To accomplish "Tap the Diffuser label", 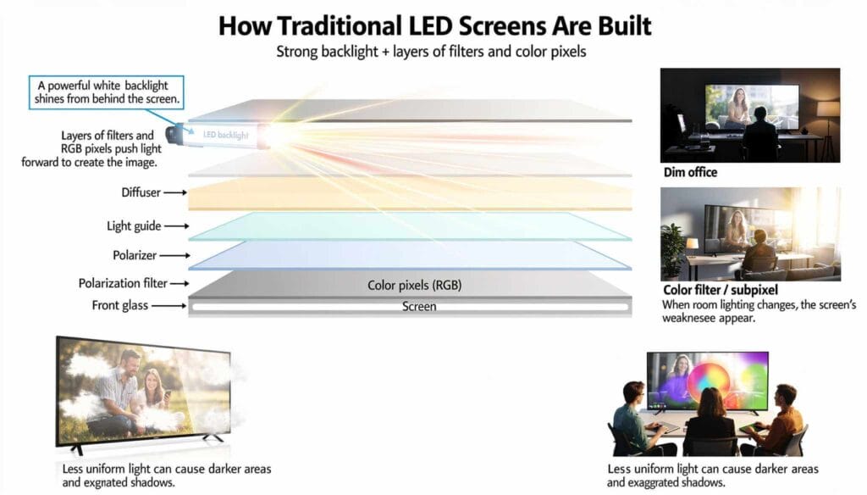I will coord(141,192).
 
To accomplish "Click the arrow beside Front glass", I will coord(174,305).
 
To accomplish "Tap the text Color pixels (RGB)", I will coord(414,286).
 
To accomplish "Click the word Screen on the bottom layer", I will coord(418,306).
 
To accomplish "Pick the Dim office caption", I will coord(690,173).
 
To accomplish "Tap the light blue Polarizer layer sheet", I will coord(406,253).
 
